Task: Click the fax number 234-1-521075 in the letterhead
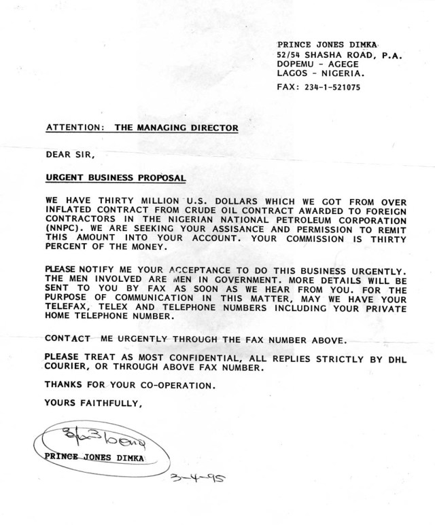[x=333, y=88]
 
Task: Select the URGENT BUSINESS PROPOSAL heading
[x=115, y=179]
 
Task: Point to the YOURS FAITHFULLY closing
[x=94, y=403]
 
